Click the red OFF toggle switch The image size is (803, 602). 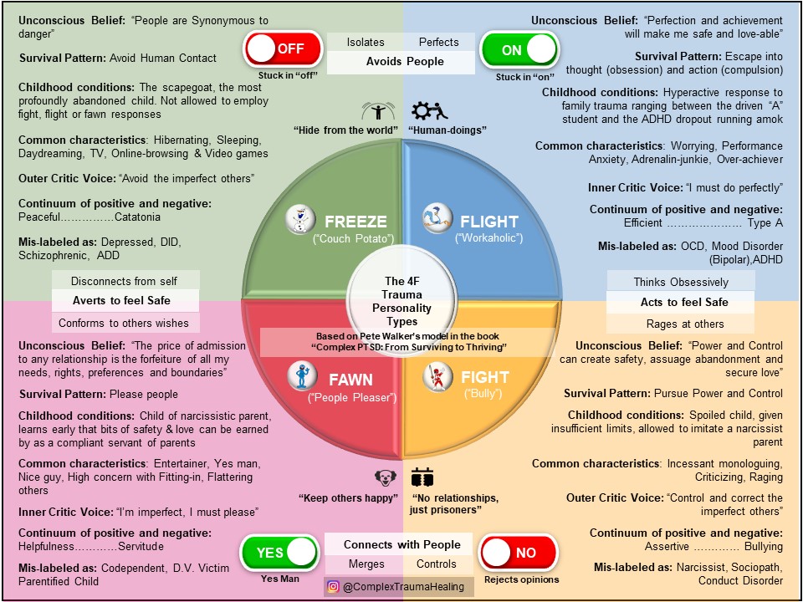282,49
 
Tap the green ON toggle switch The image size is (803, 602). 519,49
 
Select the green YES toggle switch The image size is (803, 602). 279,552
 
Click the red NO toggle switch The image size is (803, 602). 518,553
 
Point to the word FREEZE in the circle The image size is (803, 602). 355,222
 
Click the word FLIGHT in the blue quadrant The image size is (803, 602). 489,222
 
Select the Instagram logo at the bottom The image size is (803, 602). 334,587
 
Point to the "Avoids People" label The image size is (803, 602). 405,61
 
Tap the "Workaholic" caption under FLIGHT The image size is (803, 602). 489,240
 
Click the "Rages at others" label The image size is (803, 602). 680,323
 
